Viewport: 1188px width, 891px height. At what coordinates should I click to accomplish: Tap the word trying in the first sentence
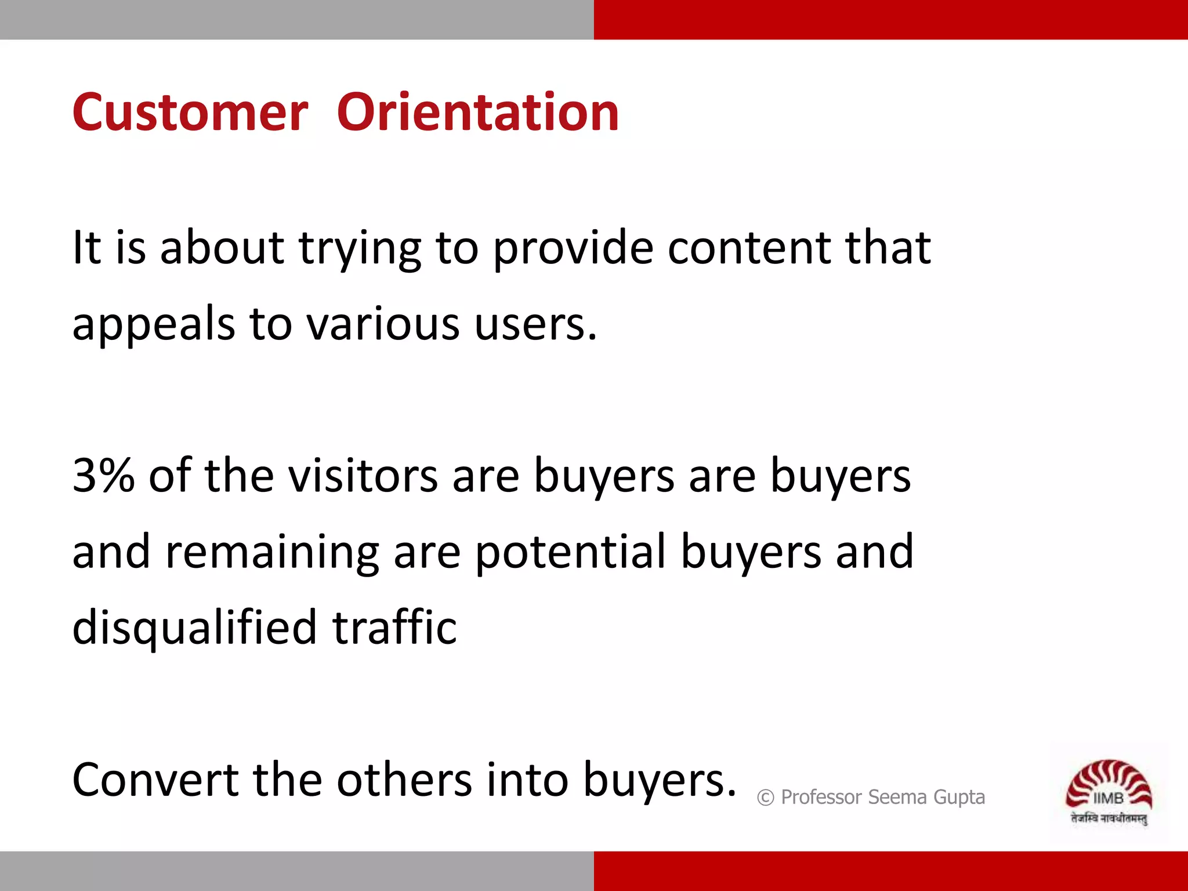[360, 248]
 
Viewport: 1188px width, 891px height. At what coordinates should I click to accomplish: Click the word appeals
[153, 324]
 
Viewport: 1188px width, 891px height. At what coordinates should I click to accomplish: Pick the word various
[383, 324]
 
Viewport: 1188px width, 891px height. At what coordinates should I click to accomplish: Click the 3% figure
[103, 476]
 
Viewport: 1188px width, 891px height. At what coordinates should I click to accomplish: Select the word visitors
[363, 476]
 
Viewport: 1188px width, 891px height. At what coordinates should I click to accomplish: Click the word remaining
[272, 552]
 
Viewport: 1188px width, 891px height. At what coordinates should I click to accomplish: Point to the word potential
[571, 552]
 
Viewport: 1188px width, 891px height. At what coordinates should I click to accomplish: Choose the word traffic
[394, 628]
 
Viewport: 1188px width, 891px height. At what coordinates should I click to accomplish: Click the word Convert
[155, 780]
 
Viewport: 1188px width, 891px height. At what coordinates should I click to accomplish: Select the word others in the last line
[404, 780]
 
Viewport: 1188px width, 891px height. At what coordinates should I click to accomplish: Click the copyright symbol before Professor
[766, 798]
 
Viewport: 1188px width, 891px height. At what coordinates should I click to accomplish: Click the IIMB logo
[1109, 792]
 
